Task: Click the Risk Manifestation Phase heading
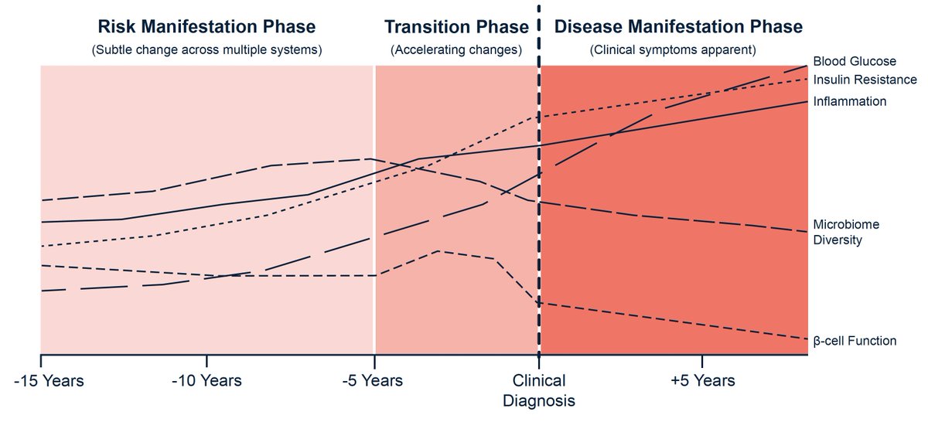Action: pos(206,26)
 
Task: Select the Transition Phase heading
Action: pos(456,26)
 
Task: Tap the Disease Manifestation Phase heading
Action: pos(678,26)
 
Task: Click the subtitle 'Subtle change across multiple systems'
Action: pos(206,50)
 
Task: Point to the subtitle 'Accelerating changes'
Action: pos(456,50)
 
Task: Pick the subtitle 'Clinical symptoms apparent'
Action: pos(672,50)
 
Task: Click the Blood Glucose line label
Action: pos(854,61)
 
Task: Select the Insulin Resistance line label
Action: pos(864,80)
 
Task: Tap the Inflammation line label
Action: pos(849,101)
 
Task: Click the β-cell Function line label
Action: pos(854,340)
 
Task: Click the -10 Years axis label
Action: pos(206,381)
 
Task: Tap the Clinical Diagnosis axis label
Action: pos(539,390)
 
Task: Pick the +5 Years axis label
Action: pos(702,381)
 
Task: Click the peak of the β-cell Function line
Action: pos(439,250)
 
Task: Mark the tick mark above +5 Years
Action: pos(702,362)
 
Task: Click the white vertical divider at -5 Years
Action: pos(374,209)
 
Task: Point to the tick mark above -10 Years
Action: pos(206,362)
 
